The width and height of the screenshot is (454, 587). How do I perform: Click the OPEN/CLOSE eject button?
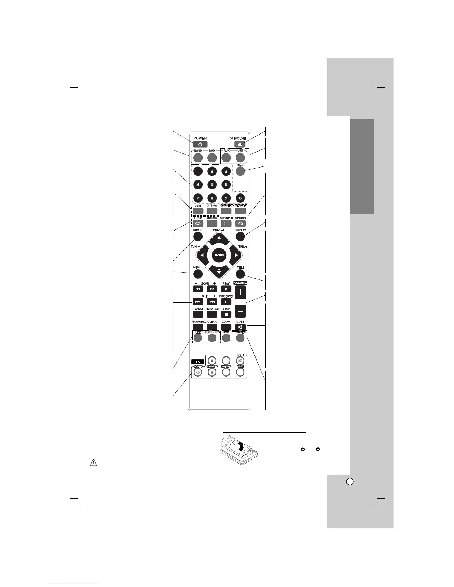(240, 144)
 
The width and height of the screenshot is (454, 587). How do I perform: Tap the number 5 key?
(212, 184)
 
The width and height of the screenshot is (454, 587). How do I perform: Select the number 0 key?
(240, 198)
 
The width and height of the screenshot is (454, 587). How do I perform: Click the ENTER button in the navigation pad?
(219, 256)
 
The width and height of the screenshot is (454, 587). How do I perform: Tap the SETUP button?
(197, 236)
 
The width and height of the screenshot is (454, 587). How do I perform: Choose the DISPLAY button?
(240, 236)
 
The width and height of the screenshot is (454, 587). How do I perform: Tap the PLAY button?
(226, 289)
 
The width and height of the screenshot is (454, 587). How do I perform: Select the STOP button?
(226, 314)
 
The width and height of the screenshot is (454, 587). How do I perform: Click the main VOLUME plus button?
(240, 292)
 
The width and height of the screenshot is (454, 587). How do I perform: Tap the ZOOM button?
(226, 327)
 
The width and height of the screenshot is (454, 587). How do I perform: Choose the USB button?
(240, 158)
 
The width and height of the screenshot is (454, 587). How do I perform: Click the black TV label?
(198, 361)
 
